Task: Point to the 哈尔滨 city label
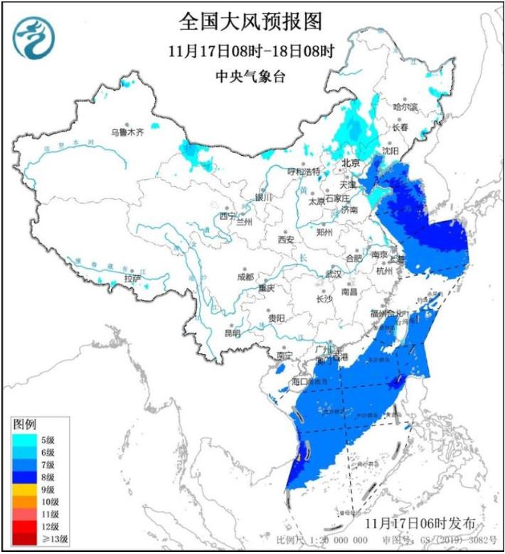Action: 406,106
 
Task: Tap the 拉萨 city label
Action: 132,278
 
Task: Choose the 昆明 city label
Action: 233,333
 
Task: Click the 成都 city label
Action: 245,277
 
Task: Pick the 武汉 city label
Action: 333,274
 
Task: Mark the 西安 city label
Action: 286,240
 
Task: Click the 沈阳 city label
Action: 390,150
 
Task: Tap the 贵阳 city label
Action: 277,318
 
